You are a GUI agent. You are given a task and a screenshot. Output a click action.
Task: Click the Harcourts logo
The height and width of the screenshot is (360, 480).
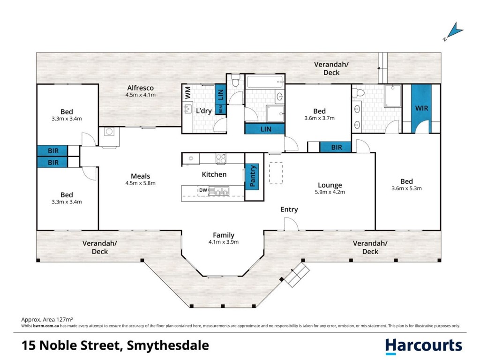click(x=423, y=346)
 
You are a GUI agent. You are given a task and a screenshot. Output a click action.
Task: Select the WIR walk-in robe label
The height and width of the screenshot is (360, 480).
click(x=421, y=108)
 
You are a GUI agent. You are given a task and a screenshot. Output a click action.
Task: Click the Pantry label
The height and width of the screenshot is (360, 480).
click(x=253, y=176)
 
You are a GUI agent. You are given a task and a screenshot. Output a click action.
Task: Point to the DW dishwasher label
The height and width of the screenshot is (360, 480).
click(x=203, y=190)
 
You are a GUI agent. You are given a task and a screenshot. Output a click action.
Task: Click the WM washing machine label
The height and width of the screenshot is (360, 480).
click(x=188, y=92)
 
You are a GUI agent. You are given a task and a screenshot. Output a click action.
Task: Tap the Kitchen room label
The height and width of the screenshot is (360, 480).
click(x=214, y=174)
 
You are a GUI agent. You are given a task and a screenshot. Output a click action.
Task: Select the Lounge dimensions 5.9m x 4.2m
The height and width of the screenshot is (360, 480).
click(x=330, y=192)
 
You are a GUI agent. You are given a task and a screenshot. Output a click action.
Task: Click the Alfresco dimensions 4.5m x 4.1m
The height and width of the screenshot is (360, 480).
click(x=141, y=95)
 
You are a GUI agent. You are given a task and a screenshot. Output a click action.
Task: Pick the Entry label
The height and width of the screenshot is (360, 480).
click(x=289, y=210)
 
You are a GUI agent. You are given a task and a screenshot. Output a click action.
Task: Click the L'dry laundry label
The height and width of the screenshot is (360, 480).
click(x=203, y=111)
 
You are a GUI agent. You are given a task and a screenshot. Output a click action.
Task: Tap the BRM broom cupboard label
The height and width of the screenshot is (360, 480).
click(x=221, y=109)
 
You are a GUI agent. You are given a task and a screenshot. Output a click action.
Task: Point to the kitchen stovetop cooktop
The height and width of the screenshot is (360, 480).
click(x=221, y=158)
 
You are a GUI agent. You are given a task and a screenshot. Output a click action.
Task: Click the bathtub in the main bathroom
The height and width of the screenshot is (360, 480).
click(x=265, y=82)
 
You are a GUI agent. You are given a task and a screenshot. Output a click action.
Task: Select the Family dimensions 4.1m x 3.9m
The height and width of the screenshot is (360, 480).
click(x=224, y=242)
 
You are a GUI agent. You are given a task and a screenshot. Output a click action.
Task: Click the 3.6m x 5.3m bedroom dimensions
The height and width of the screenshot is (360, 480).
click(x=406, y=188)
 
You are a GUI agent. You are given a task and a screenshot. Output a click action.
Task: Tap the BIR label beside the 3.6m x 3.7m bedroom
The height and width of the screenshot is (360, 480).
click(x=337, y=147)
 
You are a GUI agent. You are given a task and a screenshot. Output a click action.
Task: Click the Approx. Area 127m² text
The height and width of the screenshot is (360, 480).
click(x=47, y=320)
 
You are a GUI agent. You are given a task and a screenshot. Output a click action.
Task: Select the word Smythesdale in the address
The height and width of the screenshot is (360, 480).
click(x=168, y=345)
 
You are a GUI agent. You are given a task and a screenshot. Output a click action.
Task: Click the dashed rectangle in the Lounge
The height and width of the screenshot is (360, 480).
click(x=276, y=173)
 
